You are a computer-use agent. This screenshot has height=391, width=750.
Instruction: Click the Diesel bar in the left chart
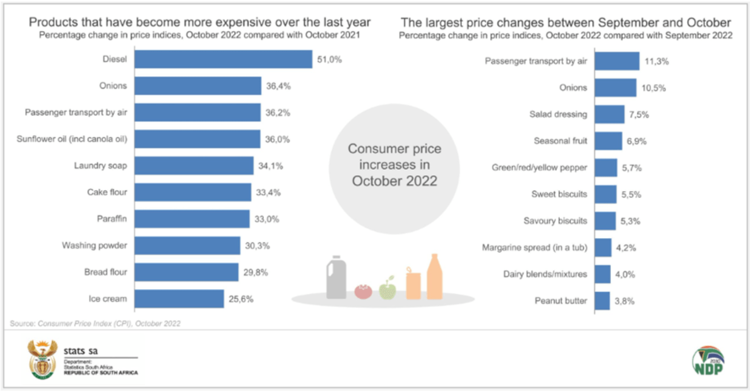pyautogui.click(x=223, y=59)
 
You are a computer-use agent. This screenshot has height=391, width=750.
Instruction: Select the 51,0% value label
pyautogui.click(x=329, y=60)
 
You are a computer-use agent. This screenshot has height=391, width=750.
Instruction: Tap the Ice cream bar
pyautogui.click(x=179, y=299)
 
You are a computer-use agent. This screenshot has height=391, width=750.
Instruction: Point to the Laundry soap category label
pyautogui.click(x=100, y=166)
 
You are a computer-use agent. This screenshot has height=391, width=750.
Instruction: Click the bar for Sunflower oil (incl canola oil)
pyautogui.click(x=197, y=139)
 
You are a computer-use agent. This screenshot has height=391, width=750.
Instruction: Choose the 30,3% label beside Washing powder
pyautogui.click(x=257, y=246)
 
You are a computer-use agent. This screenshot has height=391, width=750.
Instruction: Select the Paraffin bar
pyautogui.click(x=192, y=219)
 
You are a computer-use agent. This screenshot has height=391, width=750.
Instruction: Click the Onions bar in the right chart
pyautogui.click(x=615, y=88)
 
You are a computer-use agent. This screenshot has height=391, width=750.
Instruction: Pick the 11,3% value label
pyautogui.click(x=656, y=62)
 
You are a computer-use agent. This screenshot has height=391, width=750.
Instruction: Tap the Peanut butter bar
pyautogui.click(x=602, y=301)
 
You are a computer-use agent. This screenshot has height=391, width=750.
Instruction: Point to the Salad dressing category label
pyautogui.click(x=558, y=114)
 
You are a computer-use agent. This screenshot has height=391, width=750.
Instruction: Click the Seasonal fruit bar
pyautogui.click(x=608, y=141)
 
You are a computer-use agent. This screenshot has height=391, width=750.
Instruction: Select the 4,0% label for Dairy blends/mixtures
pyautogui.click(x=625, y=275)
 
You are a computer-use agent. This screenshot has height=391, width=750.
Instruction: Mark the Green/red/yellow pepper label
pyautogui.click(x=539, y=168)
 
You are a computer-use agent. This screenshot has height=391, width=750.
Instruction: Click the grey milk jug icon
pyautogui.click(x=336, y=278)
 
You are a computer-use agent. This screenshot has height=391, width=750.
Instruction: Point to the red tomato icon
pyautogui.click(x=363, y=292)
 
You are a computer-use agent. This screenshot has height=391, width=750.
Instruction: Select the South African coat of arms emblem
pyautogui.click(x=42, y=360)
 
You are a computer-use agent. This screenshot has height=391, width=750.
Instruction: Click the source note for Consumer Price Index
pyautogui.click(x=95, y=323)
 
